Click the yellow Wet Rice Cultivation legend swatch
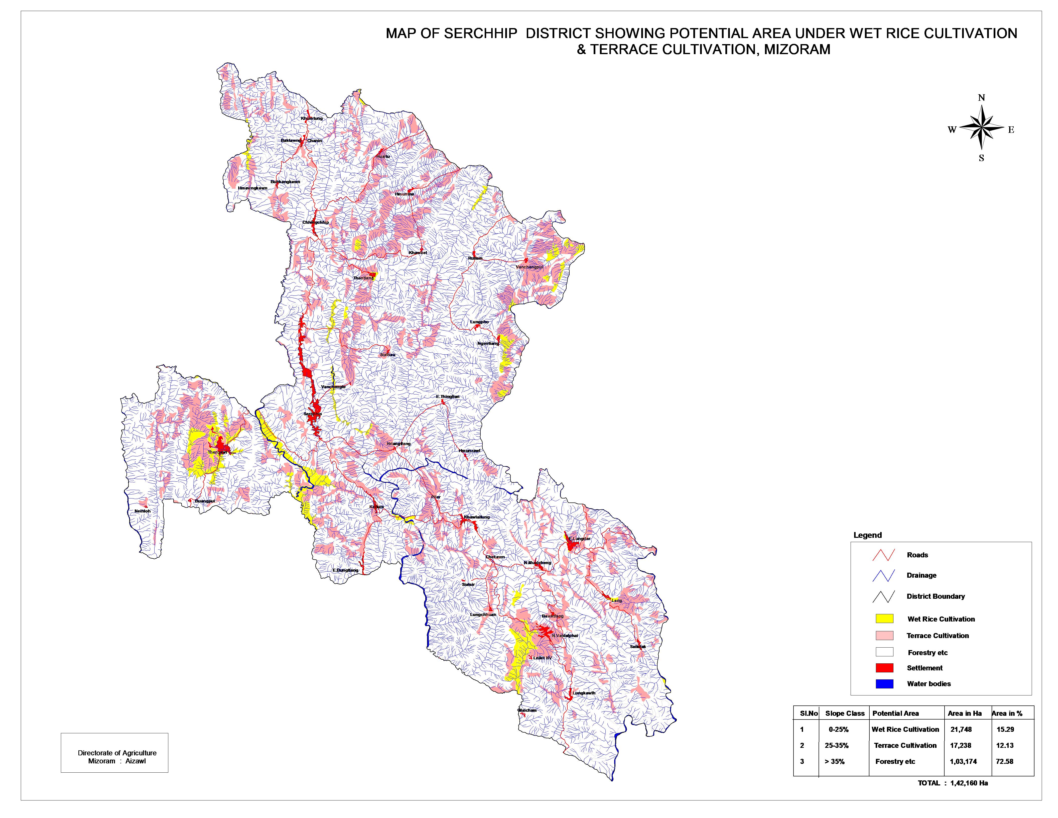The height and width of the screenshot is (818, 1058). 884,619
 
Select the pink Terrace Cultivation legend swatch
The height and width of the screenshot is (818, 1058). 884,635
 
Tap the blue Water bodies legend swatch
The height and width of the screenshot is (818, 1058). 884,684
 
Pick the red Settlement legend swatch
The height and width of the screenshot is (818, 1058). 884,668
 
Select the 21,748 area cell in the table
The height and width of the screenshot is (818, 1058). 961,729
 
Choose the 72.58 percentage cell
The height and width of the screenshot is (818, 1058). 1005,761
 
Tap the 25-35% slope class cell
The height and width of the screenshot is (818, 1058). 837,745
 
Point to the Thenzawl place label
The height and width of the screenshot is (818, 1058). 217,452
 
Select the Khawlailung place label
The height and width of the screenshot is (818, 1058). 477,517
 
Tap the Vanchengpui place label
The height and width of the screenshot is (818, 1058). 529,267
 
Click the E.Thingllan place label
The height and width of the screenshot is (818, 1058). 448,396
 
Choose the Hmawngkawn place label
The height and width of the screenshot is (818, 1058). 252,188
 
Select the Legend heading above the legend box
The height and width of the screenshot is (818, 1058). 867,535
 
